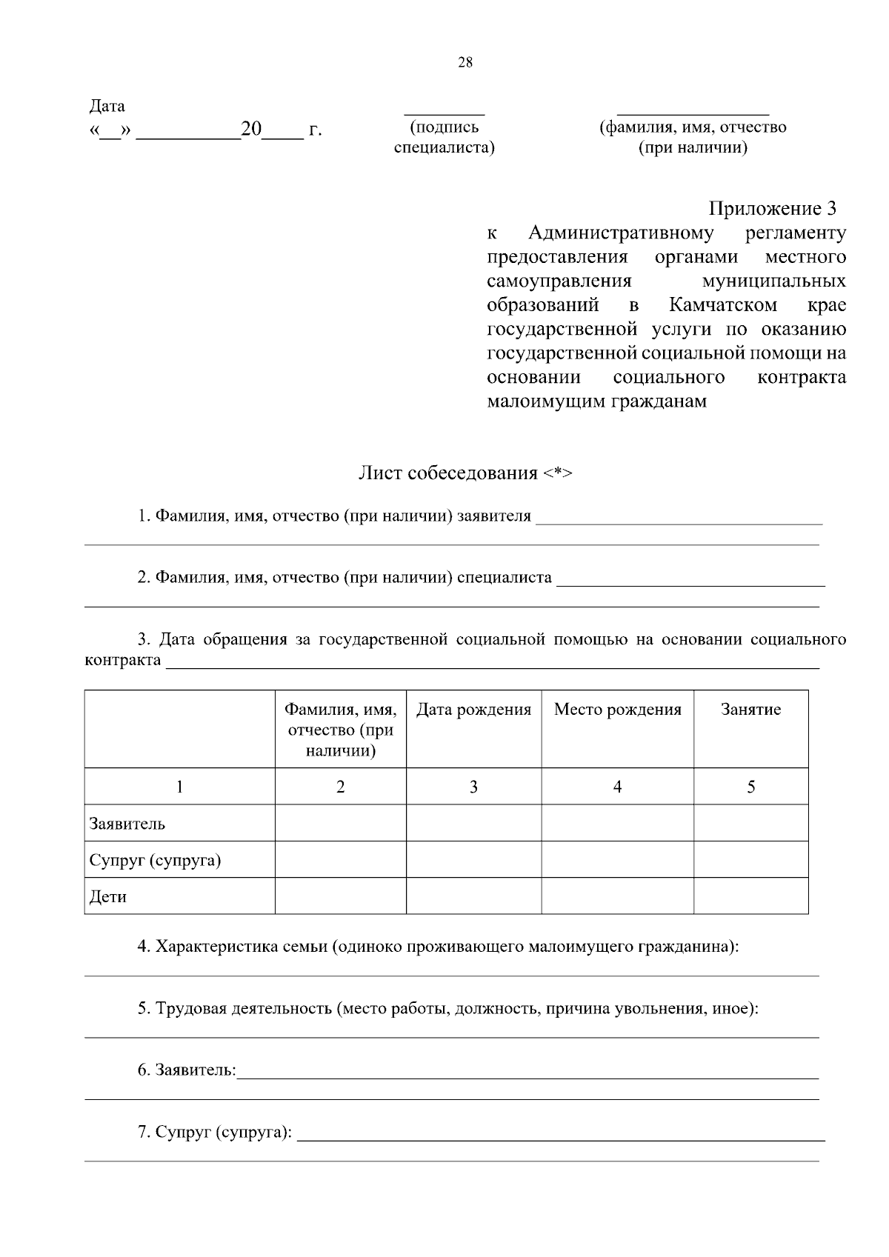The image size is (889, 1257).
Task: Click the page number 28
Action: pos(465,63)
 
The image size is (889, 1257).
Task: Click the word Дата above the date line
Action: pos(107,106)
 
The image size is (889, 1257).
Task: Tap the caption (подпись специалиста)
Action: pos(444,137)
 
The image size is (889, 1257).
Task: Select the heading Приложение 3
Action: pos(776,208)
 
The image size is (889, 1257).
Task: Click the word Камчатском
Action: pos(723,305)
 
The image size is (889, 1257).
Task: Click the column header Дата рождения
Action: pos(473,710)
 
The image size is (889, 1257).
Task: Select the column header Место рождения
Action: pos(617,710)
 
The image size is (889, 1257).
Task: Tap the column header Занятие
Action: pos(750,710)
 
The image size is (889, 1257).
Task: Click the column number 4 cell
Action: pos(617,787)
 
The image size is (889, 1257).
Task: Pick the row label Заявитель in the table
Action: pos(127,824)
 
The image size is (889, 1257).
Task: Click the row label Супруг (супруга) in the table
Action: pos(156,861)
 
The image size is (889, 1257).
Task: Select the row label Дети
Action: pos(108,897)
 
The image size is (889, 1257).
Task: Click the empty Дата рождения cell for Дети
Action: pos(473,896)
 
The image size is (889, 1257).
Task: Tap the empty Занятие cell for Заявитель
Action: pos(750,823)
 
